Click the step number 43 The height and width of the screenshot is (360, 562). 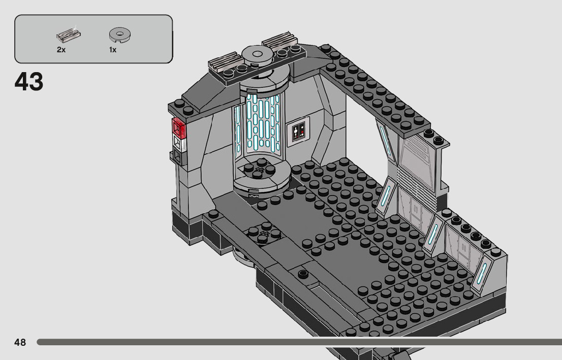[x=29, y=82]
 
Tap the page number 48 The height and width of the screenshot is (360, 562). [x=20, y=342]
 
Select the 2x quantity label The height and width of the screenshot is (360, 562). [x=61, y=50]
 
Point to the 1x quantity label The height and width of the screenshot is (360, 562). [x=113, y=50]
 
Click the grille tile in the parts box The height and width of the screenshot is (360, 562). [x=69, y=35]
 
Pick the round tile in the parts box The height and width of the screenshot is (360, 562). [x=120, y=35]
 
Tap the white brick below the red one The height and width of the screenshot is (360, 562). [x=179, y=143]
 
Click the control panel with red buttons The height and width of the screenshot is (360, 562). [x=298, y=132]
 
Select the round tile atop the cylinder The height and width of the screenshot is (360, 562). [x=257, y=55]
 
